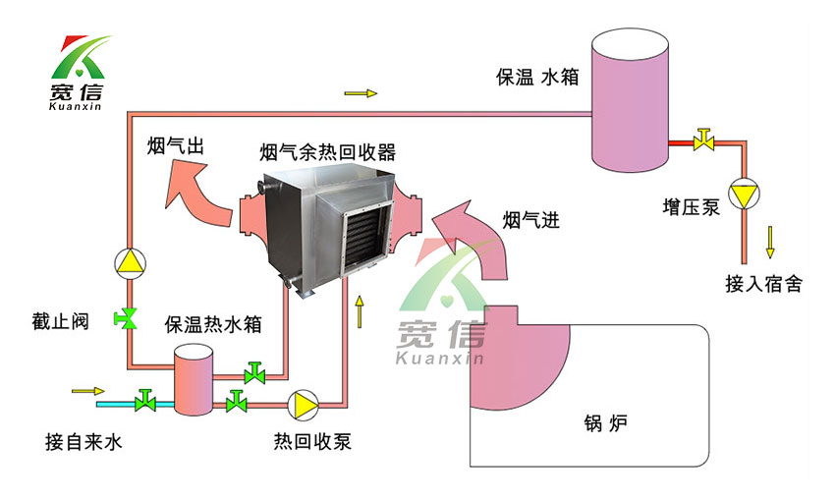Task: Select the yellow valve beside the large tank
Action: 703,140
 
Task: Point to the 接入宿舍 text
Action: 764,285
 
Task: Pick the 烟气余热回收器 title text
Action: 327,152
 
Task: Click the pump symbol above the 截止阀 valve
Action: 130,261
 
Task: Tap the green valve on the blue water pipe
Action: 146,401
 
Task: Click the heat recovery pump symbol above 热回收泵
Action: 302,403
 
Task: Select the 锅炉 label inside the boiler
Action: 598,424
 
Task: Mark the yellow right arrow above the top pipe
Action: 361,94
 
